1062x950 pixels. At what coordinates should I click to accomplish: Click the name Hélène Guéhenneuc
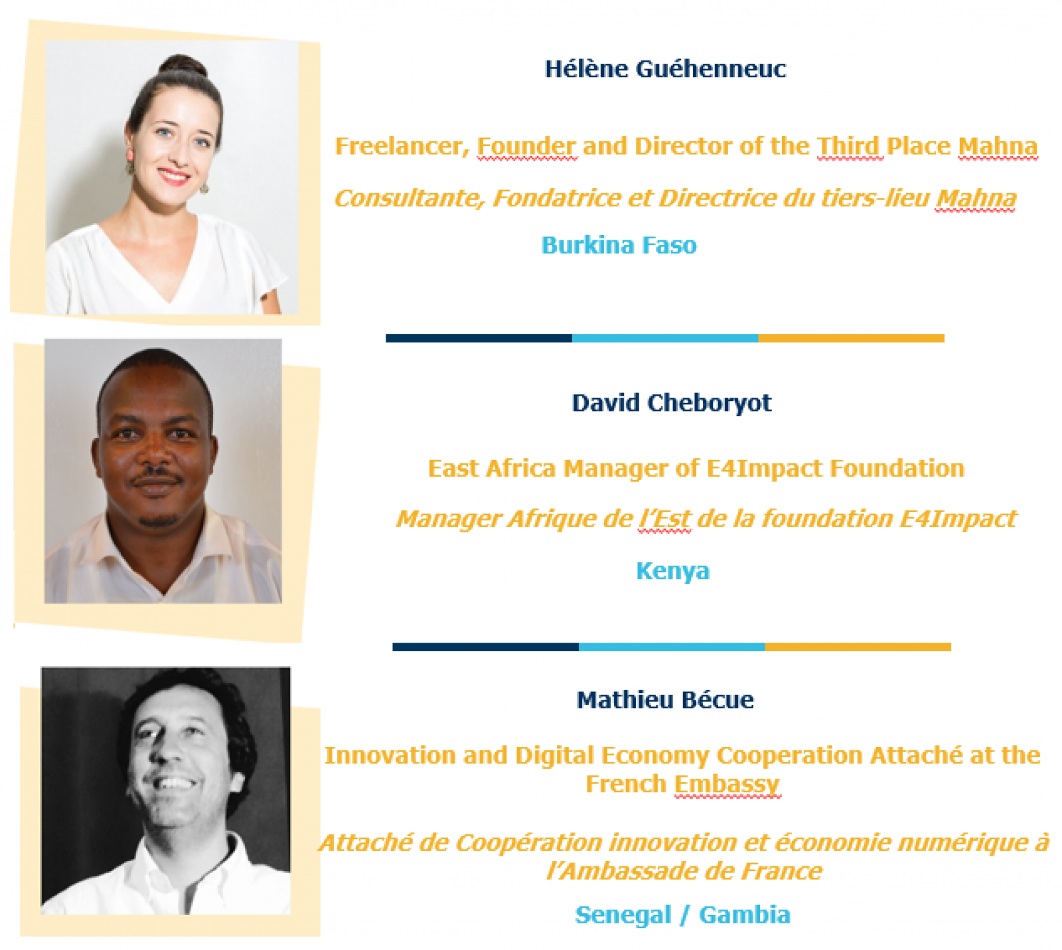coord(665,69)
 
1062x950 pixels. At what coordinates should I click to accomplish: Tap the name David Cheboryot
coord(672,403)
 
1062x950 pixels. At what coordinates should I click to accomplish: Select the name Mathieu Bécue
coord(665,700)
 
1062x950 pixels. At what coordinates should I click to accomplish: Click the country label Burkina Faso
coord(619,245)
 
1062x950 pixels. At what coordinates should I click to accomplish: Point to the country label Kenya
coord(673,571)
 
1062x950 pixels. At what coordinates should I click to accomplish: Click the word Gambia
coord(745,915)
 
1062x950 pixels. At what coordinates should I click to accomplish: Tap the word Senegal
coord(623,915)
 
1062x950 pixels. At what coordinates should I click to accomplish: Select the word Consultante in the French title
coord(409,198)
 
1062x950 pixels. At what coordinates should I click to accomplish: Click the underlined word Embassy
coord(727,785)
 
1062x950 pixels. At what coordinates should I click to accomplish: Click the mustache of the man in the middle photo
coord(157,476)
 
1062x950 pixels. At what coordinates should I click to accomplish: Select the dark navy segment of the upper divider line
coord(479,339)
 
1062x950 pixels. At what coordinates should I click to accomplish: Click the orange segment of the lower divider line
coord(858,647)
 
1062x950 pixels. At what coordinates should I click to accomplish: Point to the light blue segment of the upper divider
coord(665,339)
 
